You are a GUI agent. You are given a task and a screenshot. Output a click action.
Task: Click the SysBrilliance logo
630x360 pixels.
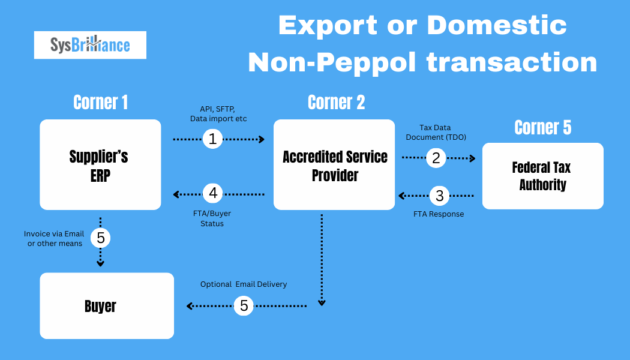coord(90,45)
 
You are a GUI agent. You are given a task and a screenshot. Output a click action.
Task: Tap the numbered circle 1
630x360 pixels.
coord(212,139)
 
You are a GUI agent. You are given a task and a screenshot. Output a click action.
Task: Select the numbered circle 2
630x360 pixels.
coord(436,158)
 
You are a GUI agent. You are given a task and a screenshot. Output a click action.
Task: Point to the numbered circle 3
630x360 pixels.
coord(440,196)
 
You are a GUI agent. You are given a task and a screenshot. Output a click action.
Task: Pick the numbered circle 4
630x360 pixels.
coord(212,193)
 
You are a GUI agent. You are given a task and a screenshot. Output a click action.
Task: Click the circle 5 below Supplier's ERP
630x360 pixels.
coord(101,238)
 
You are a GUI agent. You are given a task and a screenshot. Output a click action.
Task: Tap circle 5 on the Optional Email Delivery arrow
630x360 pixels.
coord(244,305)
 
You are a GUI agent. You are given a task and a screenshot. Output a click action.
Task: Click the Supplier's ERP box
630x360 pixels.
coord(100,164)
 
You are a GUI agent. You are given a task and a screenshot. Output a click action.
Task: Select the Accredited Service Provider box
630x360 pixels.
coord(334,164)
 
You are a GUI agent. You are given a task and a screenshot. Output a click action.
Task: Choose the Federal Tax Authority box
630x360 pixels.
coord(542,176)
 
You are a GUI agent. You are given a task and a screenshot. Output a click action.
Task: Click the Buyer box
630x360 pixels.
coord(107,305)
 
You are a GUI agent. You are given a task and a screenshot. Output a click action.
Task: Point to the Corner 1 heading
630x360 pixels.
coord(100,103)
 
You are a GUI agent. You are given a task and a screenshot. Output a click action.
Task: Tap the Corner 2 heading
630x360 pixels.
coord(336,103)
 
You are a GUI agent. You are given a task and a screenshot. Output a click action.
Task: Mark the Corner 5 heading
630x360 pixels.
coord(542,127)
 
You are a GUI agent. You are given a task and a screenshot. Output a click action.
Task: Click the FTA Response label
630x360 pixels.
coord(439,214)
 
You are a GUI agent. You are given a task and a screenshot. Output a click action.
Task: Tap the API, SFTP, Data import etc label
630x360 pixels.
coord(215,114)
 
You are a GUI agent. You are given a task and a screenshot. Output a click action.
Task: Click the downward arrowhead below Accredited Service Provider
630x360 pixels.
coord(322,303)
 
